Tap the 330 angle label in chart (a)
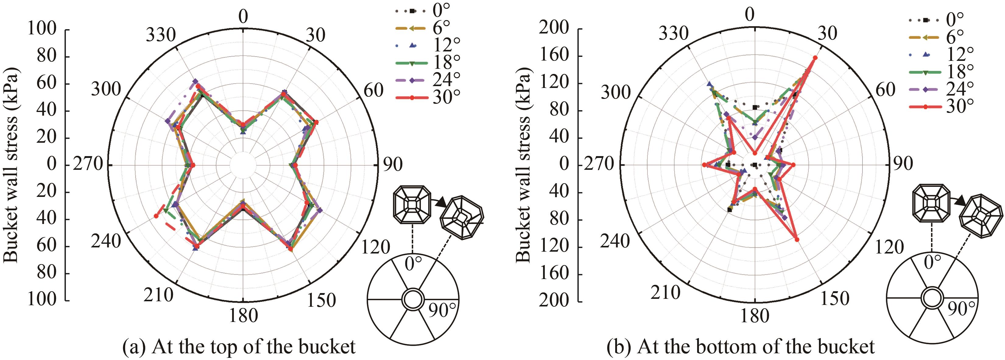pyautogui.click(x=161, y=36)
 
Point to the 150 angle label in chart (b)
pyautogui.click(x=834, y=299)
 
